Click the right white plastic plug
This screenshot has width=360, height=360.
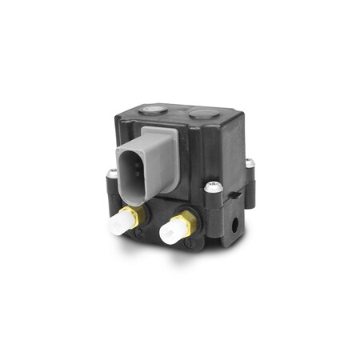pos(169,233)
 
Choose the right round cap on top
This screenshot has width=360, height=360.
pos(205,114)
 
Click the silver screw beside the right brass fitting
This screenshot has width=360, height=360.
pos(212,186)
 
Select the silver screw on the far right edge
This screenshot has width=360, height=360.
pos(250,162)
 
